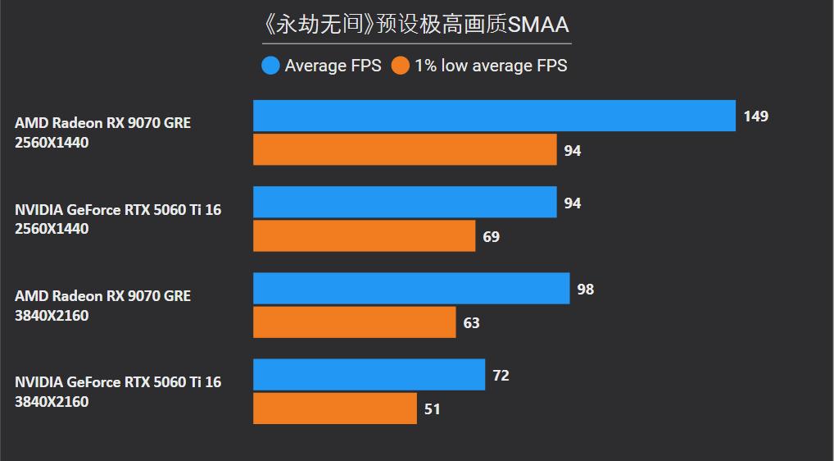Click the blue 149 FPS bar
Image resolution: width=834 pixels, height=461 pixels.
[x=494, y=116]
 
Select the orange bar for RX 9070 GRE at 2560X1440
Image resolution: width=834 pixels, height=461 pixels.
[x=405, y=149]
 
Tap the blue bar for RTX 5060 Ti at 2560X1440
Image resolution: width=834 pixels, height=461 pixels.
[x=405, y=202]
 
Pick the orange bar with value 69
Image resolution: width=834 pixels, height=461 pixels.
[x=364, y=235]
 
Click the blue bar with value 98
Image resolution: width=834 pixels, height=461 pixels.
[x=411, y=289]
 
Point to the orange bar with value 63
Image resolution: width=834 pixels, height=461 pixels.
[x=354, y=322]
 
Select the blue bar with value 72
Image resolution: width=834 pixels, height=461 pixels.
[x=369, y=375]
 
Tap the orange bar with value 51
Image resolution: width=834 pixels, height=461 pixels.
[x=334, y=409]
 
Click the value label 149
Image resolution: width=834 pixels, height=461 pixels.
[x=755, y=116]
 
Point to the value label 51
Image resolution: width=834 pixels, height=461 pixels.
[x=432, y=409]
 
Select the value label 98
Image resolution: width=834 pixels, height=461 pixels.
[x=585, y=290]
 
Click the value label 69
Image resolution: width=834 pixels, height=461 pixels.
[x=491, y=237]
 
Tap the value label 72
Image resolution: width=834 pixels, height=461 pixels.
[x=501, y=376]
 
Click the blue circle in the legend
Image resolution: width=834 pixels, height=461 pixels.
[x=270, y=66]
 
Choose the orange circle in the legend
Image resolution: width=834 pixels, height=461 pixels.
[x=400, y=66]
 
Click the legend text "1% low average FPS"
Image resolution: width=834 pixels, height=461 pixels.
[x=490, y=66]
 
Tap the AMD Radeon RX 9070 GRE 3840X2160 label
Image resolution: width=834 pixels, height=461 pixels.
[x=102, y=305]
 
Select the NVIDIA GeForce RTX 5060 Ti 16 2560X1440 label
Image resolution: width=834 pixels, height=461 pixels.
[x=118, y=219]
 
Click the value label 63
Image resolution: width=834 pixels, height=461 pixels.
[x=471, y=323]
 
